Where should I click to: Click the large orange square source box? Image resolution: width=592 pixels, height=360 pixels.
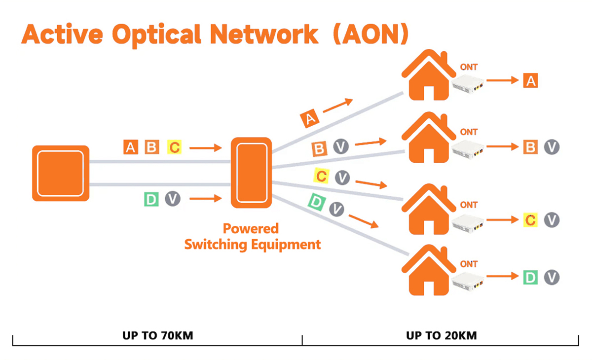(61, 173)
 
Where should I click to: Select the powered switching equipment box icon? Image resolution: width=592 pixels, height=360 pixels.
(252, 173)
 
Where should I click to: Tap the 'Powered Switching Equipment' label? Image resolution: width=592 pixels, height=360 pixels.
(252, 236)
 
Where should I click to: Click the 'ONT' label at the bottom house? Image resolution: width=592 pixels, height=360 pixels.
(469, 264)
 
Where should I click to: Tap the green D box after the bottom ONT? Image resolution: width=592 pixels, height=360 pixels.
(530, 277)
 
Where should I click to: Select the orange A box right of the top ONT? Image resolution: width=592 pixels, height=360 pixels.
(530, 80)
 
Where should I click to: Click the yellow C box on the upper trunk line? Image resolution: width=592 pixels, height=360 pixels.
(175, 147)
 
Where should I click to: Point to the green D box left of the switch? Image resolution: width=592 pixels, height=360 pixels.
(150, 199)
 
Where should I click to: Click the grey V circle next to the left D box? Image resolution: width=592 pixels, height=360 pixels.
(173, 199)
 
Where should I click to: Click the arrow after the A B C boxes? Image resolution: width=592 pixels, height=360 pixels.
(205, 147)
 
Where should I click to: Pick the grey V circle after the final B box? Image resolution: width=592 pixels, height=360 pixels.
(552, 147)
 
